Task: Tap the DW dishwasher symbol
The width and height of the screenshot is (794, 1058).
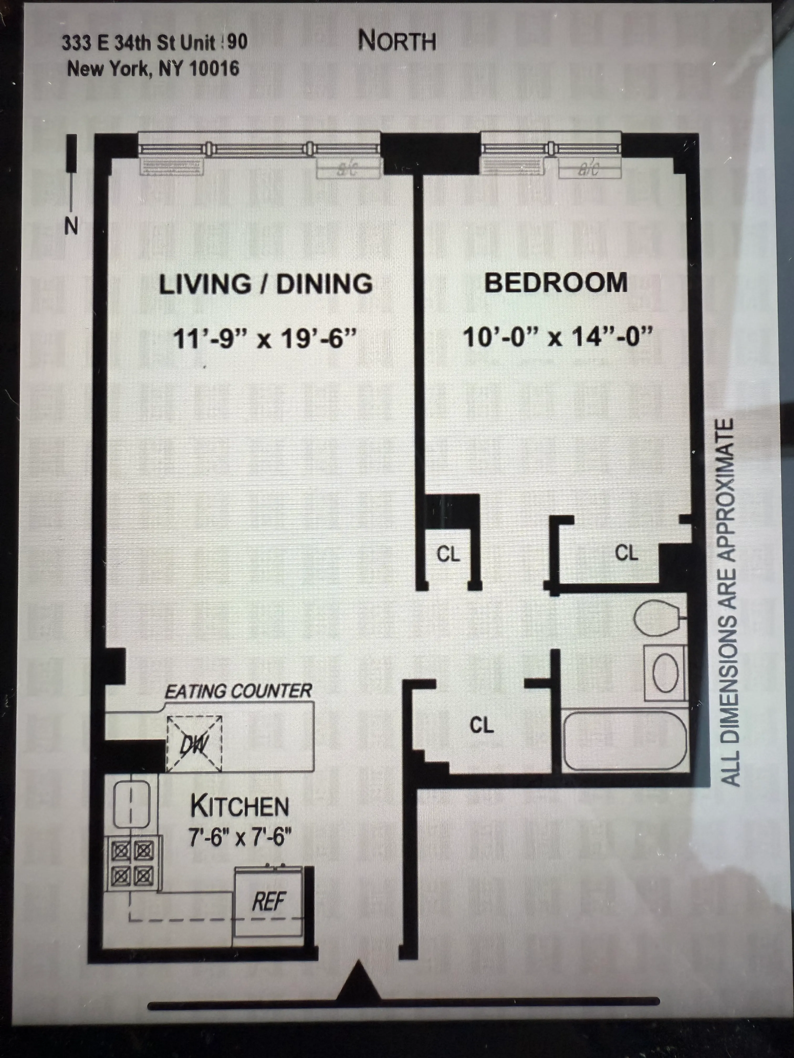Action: (194, 744)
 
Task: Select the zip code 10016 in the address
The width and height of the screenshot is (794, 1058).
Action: (214, 68)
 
